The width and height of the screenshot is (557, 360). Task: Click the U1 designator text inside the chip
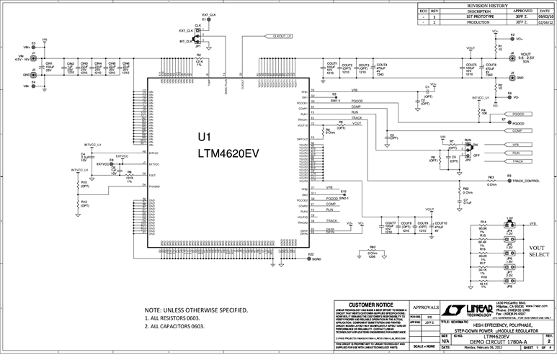coord(205,137)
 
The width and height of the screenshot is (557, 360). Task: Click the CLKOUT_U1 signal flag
coord(282,35)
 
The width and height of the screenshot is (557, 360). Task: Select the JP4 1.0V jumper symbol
coord(509,223)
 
